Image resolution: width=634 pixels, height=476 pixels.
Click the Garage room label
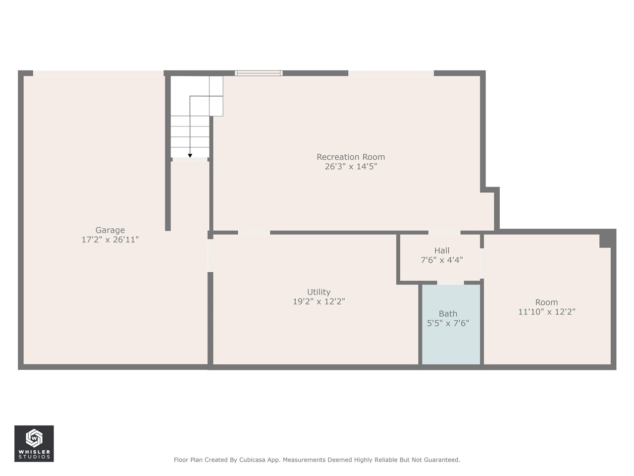(x=110, y=230)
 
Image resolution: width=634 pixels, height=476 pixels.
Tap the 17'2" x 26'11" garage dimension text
(x=110, y=239)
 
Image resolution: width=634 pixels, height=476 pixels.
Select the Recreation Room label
(x=351, y=157)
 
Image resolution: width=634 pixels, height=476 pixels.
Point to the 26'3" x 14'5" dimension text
(x=351, y=167)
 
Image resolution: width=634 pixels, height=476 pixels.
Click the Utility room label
(x=318, y=292)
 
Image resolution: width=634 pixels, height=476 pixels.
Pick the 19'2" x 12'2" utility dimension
(x=318, y=301)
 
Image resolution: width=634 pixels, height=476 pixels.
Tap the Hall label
(x=441, y=250)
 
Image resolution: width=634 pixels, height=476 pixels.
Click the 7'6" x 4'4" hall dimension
(x=441, y=260)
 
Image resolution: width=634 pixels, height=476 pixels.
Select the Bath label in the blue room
(x=448, y=314)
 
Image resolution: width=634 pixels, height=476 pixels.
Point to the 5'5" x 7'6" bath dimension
(x=448, y=323)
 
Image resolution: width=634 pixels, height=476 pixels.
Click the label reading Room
(x=546, y=302)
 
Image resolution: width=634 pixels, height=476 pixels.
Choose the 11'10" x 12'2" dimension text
(x=546, y=312)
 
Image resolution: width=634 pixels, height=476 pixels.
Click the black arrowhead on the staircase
(x=190, y=156)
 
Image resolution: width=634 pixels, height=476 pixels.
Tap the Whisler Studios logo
(x=34, y=443)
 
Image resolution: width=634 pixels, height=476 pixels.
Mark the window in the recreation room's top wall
(x=259, y=73)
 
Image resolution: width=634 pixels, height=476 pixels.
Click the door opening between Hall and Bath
(x=450, y=283)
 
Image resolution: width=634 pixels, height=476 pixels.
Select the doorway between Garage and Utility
(x=210, y=255)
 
